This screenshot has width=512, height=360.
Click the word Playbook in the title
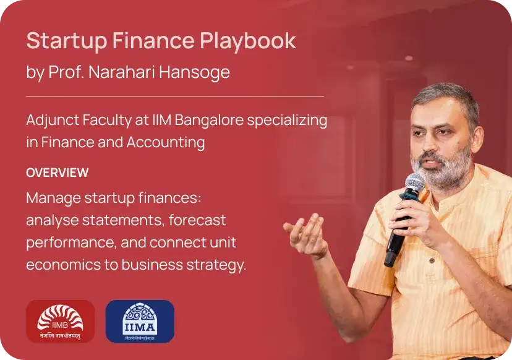248,41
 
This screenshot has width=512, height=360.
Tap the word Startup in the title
67,41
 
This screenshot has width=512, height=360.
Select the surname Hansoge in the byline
195,72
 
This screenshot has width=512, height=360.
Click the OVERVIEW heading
58,173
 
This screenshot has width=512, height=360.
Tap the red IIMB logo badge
61,321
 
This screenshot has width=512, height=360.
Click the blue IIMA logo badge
140,321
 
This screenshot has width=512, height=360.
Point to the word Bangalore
209,121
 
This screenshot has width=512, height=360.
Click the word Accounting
166,143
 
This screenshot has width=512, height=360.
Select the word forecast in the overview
197,220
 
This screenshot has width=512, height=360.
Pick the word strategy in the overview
216,265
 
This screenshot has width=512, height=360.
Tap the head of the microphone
414,184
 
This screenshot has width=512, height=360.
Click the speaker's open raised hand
306,234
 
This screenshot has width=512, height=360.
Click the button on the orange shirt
432,260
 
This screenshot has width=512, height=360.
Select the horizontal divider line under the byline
175,96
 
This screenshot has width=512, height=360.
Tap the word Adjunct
53,121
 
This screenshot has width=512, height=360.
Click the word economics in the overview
63,265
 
